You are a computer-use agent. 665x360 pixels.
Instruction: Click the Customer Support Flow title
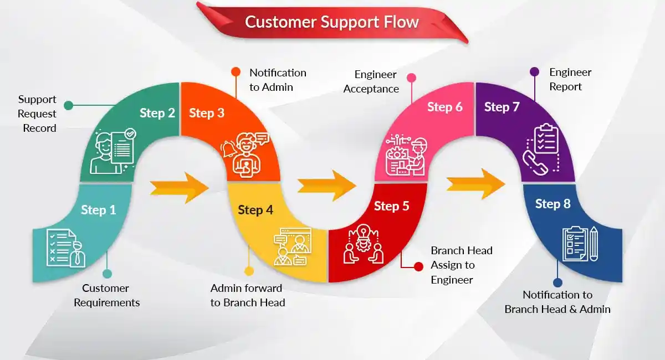pyautogui.click(x=331, y=22)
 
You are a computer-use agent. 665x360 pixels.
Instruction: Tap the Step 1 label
pyautogui.click(x=99, y=210)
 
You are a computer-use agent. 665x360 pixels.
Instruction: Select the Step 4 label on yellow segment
pyautogui.click(x=255, y=210)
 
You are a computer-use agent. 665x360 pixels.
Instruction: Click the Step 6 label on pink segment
pyautogui.click(x=444, y=107)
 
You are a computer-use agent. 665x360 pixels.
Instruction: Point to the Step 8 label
pyautogui.click(x=553, y=204)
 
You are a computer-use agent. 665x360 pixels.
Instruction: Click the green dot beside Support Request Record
pyautogui.click(x=69, y=105)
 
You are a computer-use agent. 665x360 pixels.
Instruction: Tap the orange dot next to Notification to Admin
pyautogui.click(x=236, y=71)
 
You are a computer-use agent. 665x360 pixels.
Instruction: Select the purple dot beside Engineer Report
pyautogui.click(x=534, y=71)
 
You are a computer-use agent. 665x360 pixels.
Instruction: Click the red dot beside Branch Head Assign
pyautogui.click(x=419, y=266)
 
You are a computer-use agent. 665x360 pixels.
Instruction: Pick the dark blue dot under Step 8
pyautogui.click(x=557, y=282)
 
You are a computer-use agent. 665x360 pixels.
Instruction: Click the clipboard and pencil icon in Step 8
pyautogui.click(x=580, y=244)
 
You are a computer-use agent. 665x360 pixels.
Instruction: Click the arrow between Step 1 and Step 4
pyautogui.click(x=178, y=187)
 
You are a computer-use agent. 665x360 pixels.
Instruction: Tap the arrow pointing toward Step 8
pyautogui.click(x=475, y=183)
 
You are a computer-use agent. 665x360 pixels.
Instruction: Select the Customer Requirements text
pyautogui.click(x=106, y=295)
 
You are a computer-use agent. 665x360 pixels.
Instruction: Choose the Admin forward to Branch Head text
pyautogui.click(x=248, y=295)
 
